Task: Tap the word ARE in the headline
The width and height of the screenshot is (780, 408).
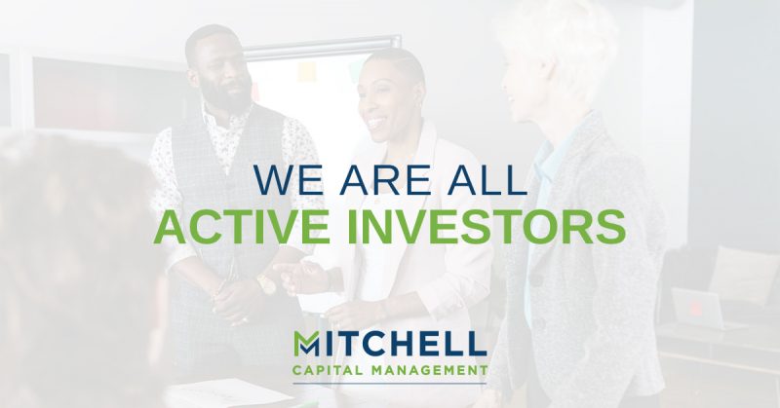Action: [x=370, y=183]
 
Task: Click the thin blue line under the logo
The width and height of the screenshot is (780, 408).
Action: [x=389, y=383]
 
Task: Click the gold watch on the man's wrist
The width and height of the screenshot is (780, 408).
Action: [x=264, y=283]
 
